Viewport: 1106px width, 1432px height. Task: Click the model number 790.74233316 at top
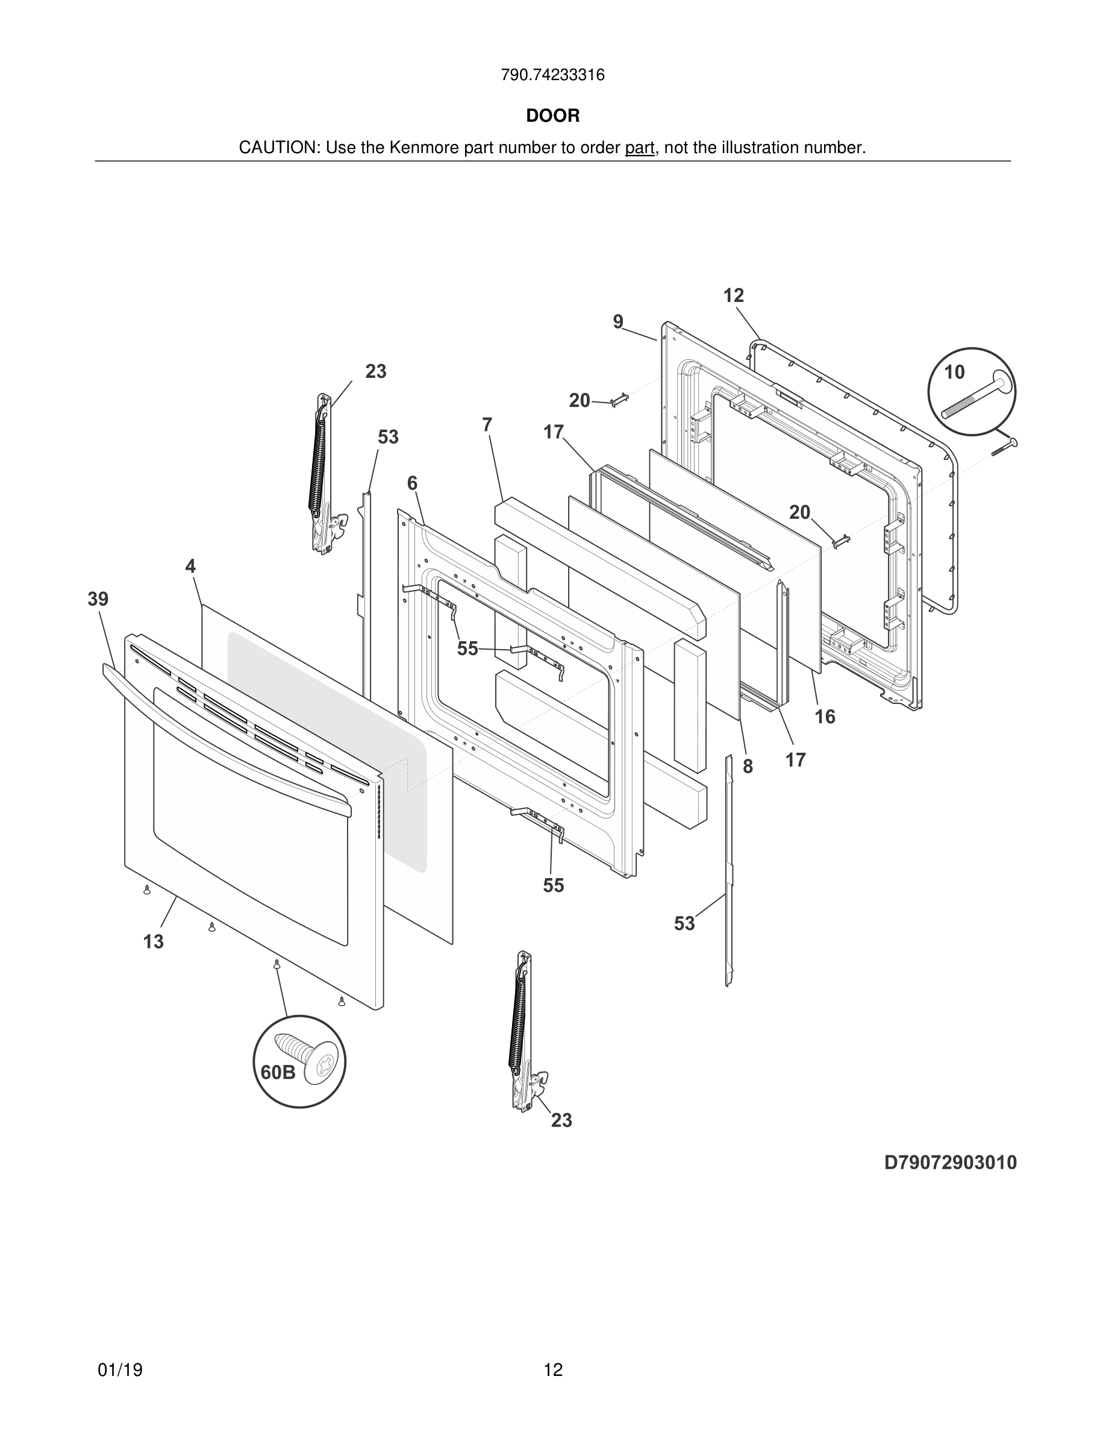552,75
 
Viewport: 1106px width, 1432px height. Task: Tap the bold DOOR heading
552,116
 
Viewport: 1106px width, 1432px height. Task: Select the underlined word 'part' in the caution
640,148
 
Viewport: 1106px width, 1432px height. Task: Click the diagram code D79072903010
950,1163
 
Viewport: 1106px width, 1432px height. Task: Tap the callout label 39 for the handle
98,598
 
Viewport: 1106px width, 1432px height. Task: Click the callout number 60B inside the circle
278,1073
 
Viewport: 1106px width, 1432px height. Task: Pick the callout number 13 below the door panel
154,941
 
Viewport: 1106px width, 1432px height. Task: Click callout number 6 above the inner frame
412,483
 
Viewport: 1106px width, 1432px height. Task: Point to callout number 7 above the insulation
487,425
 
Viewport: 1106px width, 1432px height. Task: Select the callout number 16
825,717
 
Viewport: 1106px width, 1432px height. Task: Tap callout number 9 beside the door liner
618,322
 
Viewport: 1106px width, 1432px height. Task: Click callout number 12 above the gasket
734,296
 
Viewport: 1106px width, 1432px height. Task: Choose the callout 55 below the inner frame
553,885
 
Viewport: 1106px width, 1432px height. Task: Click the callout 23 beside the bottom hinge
561,1120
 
